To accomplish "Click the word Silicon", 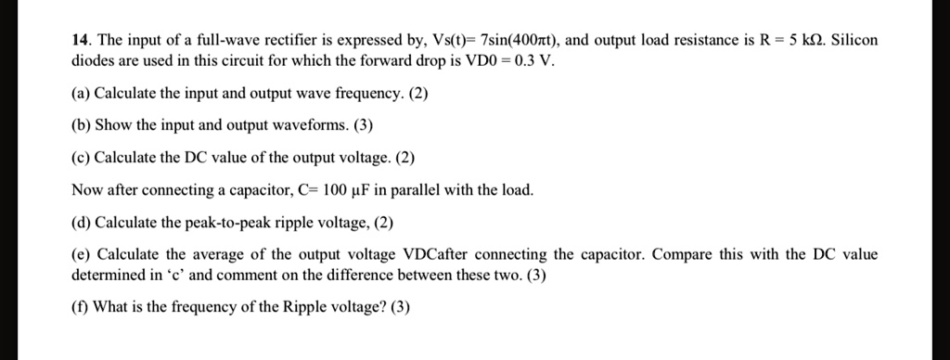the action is coord(854,41).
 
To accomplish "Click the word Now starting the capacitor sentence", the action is coord(86,190).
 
